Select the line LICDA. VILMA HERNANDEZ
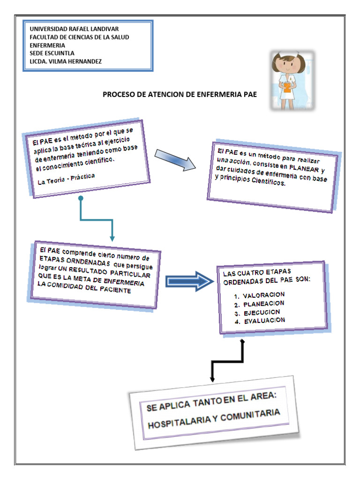(x=65, y=61)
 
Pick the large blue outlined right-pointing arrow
(x=189, y=280)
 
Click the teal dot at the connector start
(x=81, y=199)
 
